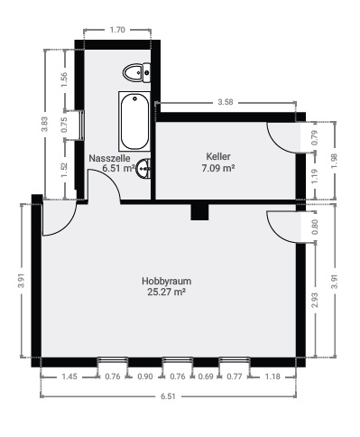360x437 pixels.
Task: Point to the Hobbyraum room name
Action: click(166, 281)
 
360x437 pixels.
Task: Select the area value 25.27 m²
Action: click(166, 292)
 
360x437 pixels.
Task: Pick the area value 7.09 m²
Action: click(218, 167)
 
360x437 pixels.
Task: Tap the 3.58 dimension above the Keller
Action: click(226, 102)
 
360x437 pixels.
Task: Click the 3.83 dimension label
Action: click(45, 125)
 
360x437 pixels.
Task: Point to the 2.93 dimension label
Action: click(315, 300)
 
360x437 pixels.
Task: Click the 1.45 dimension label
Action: click(69, 376)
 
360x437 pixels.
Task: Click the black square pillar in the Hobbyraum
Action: click(199, 211)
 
